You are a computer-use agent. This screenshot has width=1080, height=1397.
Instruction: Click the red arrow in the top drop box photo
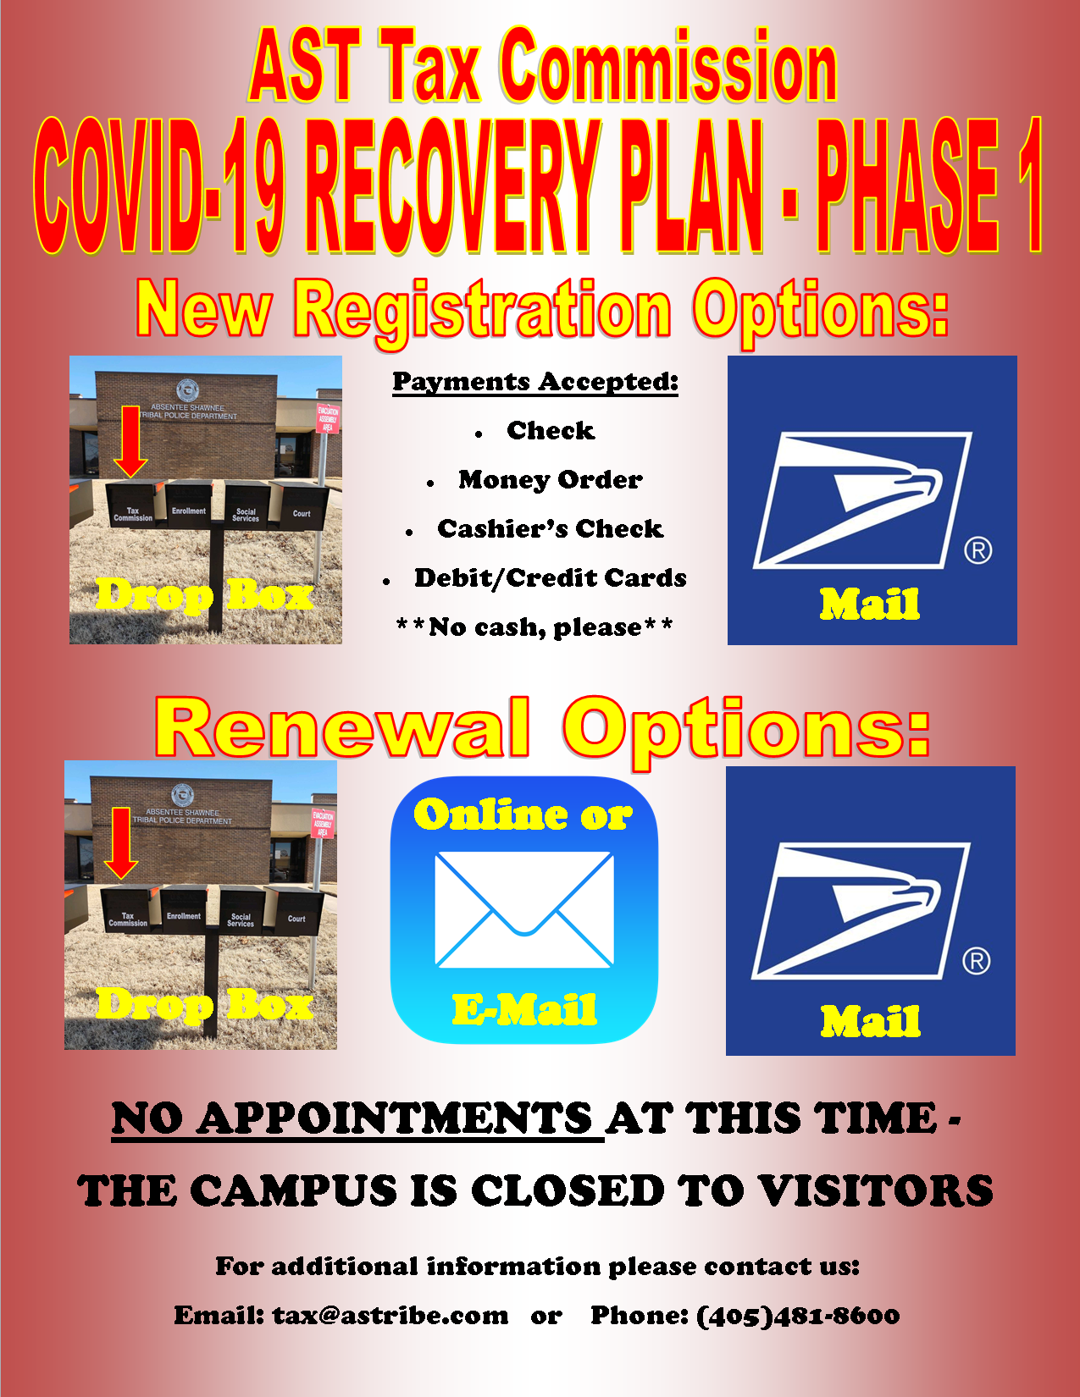pos(130,441)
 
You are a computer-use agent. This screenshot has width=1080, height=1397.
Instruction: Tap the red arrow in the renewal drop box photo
pos(121,843)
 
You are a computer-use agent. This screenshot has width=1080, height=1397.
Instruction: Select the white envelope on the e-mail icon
pos(524,909)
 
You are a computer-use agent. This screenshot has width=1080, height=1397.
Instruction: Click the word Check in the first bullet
pos(551,431)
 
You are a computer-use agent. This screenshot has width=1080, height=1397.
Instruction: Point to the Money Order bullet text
pos(551,479)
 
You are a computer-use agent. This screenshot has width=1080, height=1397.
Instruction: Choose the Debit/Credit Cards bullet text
pos(551,578)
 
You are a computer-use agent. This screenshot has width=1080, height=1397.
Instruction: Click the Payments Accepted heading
pos(535,382)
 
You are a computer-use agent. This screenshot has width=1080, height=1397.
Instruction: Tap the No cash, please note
pos(534,627)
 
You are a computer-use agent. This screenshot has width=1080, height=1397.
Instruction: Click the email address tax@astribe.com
pos(390,1316)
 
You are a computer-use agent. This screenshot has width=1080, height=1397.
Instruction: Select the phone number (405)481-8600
pos(798,1316)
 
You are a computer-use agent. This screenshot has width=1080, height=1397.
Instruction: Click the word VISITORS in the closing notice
pos(876,1190)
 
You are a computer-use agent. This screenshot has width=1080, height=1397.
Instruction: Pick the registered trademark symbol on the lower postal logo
pos(977,961)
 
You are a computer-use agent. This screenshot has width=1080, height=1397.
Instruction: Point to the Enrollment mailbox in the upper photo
pos(188,505)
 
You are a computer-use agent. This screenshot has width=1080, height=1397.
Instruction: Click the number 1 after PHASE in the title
pos(1030,185)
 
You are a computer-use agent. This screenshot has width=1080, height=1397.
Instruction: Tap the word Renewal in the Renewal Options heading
pos(343,727)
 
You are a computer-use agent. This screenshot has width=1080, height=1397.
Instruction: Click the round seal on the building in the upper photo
pos(187,390)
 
